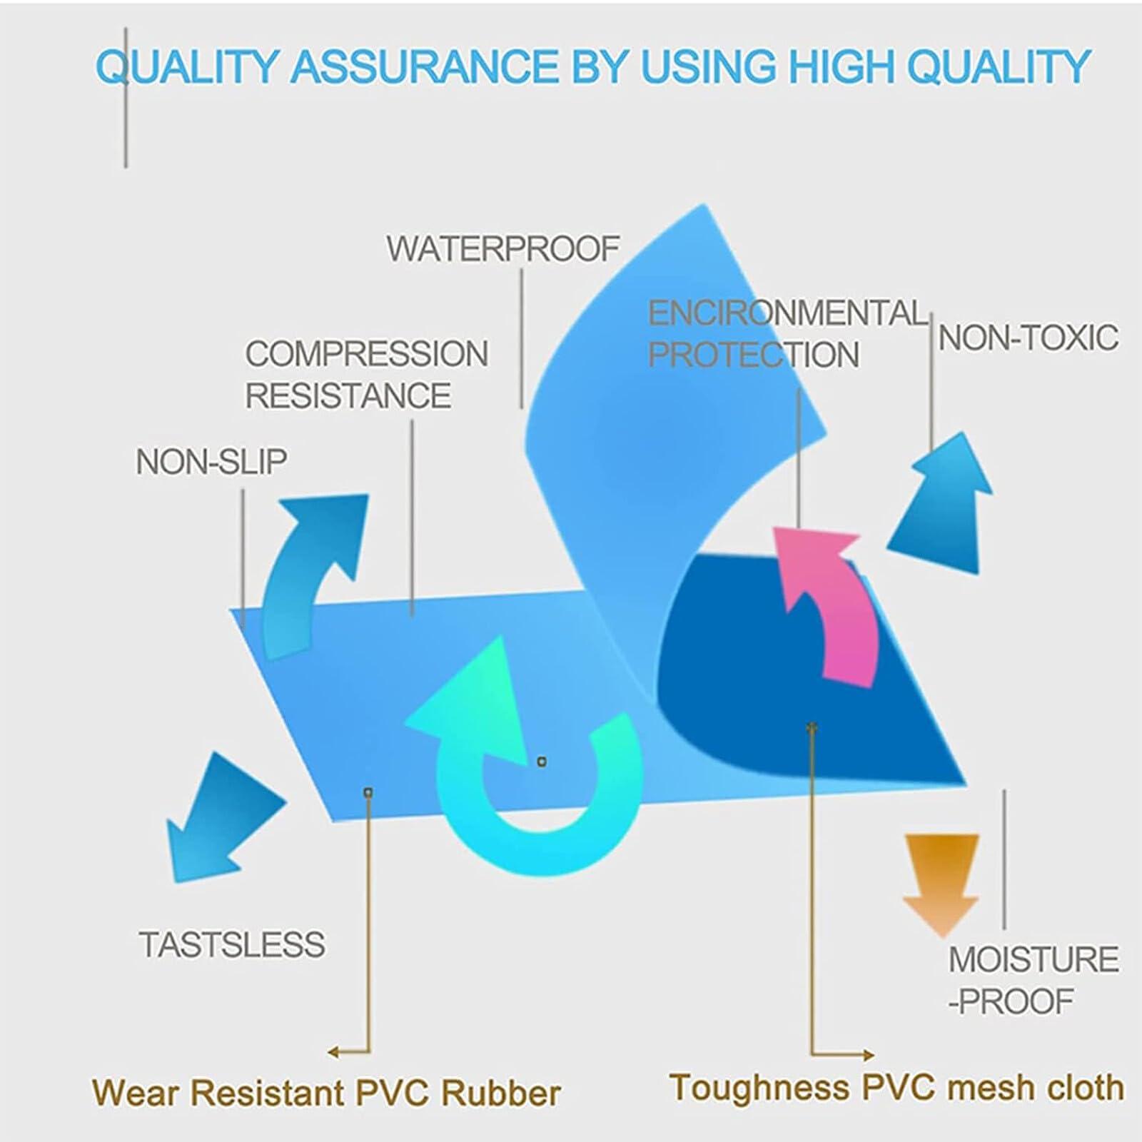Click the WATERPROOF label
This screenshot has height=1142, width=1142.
tap(502, 248)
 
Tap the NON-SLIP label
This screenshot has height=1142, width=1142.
tap(211, 462)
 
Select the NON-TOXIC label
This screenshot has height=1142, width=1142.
tap(1028, 338)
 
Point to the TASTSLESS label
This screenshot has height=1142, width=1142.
tap(233, 945)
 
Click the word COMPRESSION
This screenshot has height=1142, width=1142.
tap(367, 354)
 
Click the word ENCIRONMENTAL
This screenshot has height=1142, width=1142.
tap(787, 313)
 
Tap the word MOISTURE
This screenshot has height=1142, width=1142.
tap(1033, 959)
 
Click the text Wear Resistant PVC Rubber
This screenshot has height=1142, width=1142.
tap(326, 1093)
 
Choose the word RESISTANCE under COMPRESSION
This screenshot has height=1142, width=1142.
tap(348, 395)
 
